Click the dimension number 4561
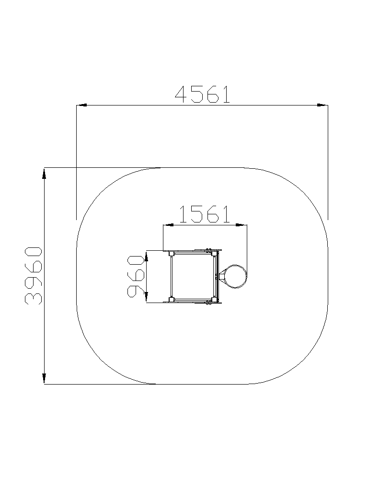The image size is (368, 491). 203,94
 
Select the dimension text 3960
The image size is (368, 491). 33,276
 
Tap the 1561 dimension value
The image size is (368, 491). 204,214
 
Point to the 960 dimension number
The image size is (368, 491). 136,276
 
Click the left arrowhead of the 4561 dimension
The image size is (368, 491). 81,105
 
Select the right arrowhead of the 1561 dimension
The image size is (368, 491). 241,224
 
